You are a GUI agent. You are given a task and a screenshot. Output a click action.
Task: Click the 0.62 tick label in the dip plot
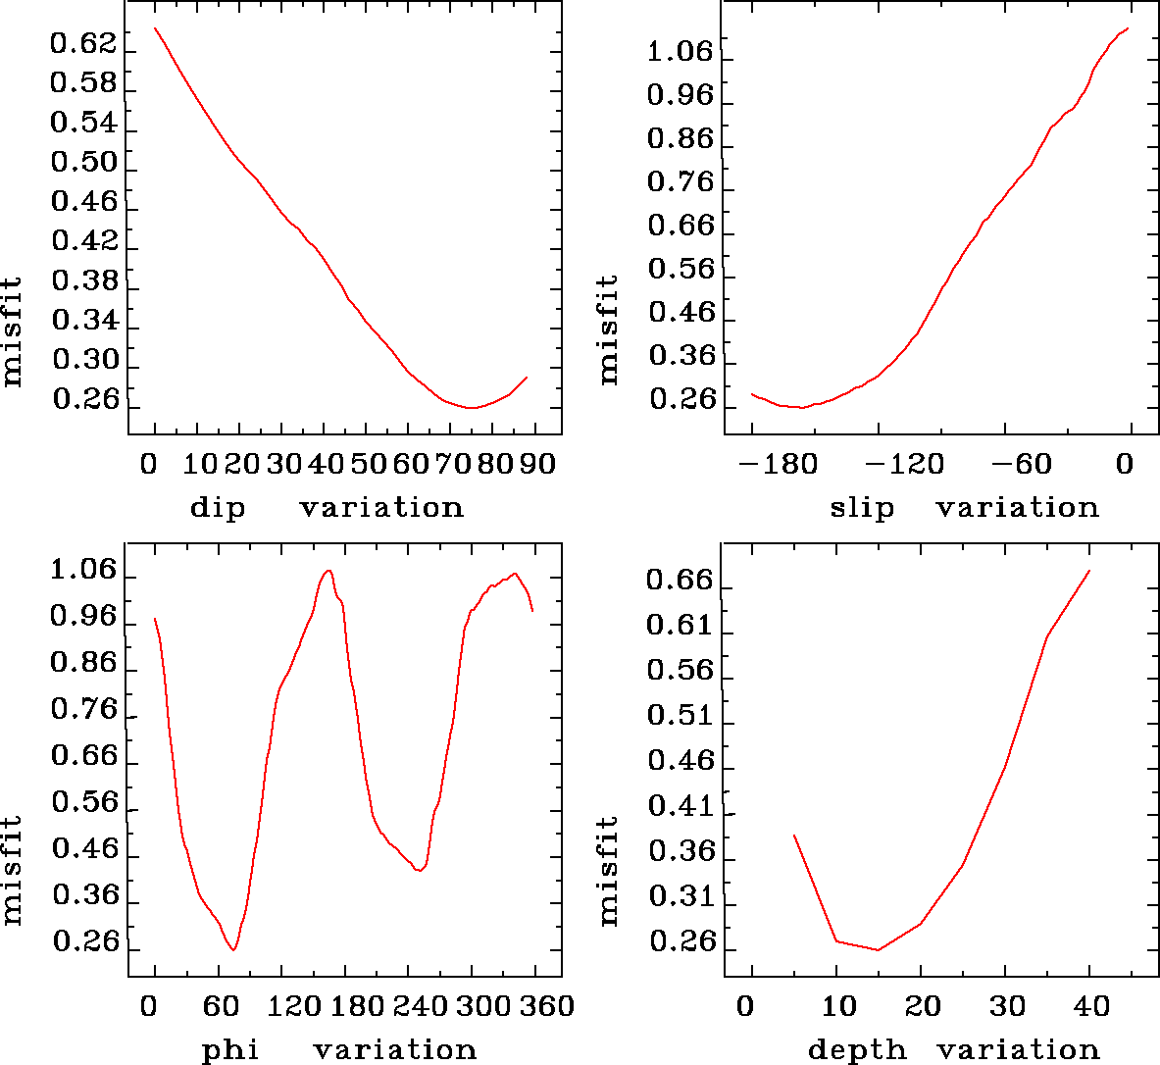tap(83, 44)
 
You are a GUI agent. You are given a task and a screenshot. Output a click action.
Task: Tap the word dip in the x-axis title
tap(217, 508)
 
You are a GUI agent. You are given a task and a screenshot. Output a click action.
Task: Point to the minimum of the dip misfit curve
tap(472, 407)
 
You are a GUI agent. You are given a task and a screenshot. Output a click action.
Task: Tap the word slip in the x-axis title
tap(862, 508)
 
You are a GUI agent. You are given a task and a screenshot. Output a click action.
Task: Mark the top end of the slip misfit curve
tap(1129, 28)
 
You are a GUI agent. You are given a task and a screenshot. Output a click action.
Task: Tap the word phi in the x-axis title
tap(229, 1050)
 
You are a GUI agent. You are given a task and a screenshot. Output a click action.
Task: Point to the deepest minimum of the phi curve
tap(233, 949)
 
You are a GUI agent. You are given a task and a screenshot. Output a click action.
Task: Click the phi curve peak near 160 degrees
tap(328, 571)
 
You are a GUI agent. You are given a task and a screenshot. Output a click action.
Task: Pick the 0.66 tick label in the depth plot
tap(680, 581)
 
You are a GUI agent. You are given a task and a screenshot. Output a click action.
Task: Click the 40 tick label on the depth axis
tap(1090, 1005)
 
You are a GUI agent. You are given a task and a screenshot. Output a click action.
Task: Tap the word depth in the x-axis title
tap(856, 1050)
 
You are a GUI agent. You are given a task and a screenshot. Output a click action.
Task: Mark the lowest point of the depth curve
tap(878, 949)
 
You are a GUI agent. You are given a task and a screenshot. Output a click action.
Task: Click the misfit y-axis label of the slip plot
tap(608, 329)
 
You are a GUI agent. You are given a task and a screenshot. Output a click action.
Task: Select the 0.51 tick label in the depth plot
tap(680, 716)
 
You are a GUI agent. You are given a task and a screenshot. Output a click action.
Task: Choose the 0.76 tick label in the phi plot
tap(83, 709)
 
